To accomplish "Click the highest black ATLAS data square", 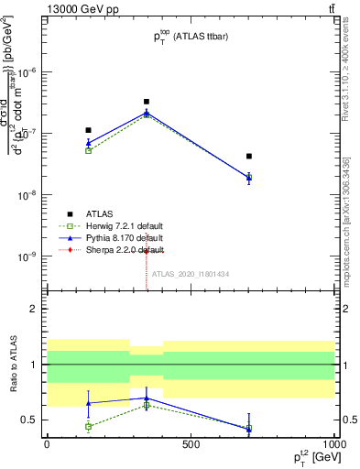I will [x=146, y=102].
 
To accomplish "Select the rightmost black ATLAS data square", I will [x=248, y=157].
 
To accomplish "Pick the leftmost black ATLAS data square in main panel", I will [x=88, y=130].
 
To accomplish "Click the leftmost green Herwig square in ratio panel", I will [x=88, y=426].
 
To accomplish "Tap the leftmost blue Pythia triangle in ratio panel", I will [x=88, y=403].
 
